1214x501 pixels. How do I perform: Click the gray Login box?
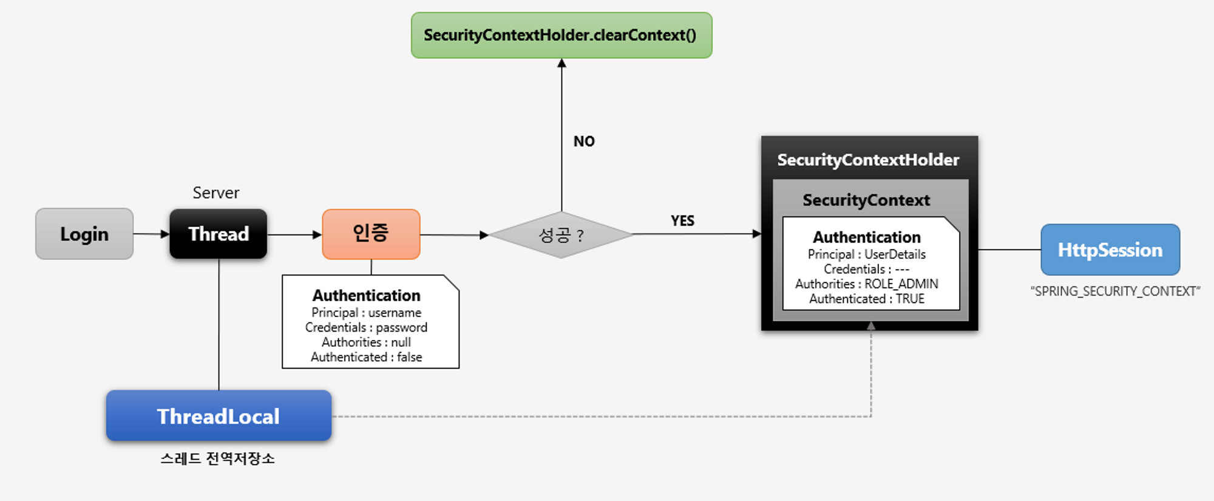click(x=84, y=234)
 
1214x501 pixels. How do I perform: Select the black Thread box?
click(x=219, y=234)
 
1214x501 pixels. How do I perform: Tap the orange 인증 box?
click(x=371, y=234)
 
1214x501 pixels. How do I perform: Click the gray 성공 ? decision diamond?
click(x=561, y=234)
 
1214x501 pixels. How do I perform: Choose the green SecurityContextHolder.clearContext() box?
click(x=561, y=35)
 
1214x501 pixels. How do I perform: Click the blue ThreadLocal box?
click(x=219, y=416)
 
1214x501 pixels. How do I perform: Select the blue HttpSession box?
click(x=1110, y=250)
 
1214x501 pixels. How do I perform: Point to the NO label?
click(x=584, y=141)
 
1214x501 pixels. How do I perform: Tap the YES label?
click(x=682, y=220)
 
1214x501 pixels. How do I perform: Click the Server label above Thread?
click(x=216, y=193)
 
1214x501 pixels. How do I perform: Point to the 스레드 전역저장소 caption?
click(x=218, y=458)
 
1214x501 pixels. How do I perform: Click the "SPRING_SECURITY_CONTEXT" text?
click(x=1115, y=291)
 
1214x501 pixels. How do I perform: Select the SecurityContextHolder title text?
click(x=868, y=160)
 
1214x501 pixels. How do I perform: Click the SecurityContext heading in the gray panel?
click(x=866, y=200)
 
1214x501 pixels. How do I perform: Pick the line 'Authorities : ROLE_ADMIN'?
click(x=867, y=284)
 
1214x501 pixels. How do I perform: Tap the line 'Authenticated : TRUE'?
click(x=867, y=299)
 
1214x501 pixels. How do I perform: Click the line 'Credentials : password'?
click(x=366, y=328)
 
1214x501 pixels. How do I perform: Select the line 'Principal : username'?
click(x=366, y=313)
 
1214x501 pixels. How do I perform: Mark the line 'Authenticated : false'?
click(x=366, y=357)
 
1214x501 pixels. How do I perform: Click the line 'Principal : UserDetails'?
click(x=867, y=254)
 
